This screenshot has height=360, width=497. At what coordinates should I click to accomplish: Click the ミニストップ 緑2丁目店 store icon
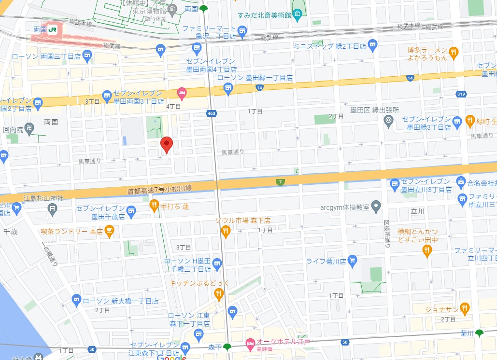click(x=372, y=46)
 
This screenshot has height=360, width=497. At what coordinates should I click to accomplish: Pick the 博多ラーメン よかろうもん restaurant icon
click(x=453, y=53)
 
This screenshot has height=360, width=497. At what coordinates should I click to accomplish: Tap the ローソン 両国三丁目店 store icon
click(x=87, y=56)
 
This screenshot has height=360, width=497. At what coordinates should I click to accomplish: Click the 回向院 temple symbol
click(x=29, y=129)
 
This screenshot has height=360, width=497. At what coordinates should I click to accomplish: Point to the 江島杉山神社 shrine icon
click(x=53, y=208)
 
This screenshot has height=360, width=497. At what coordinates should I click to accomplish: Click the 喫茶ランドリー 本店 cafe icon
click(x=109, y=232)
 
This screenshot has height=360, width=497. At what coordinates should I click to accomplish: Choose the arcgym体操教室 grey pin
click(x=377, y=208)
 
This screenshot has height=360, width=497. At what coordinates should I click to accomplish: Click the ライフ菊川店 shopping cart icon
click(x=352, y=261)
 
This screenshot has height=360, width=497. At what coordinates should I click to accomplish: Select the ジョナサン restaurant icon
click(x=464, y=307)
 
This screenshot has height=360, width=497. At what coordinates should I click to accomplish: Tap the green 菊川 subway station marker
click(x=479, y=333)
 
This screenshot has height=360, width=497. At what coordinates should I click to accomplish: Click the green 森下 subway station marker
click(x=227, y=347)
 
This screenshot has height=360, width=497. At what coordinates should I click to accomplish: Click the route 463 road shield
click(x=211, y=113)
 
